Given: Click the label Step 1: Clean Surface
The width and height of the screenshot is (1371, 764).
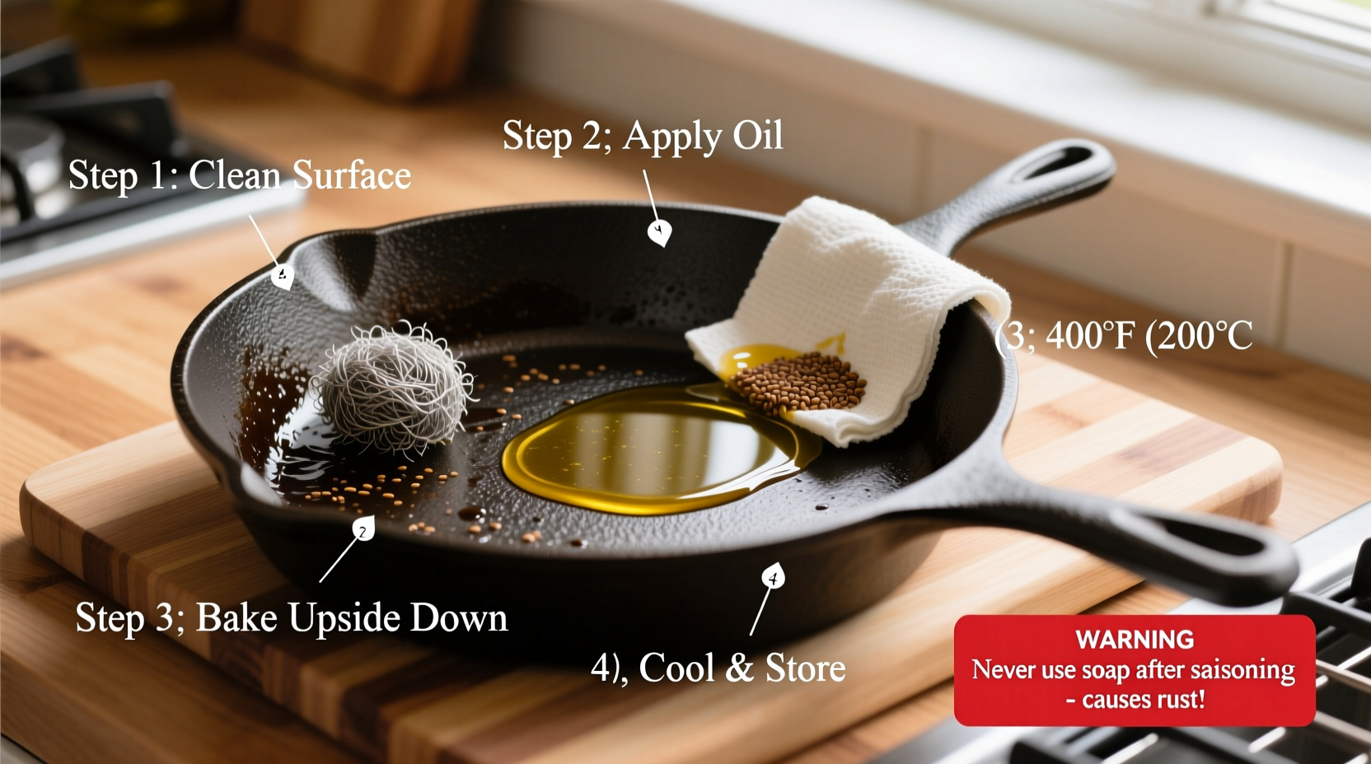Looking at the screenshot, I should point(239,175).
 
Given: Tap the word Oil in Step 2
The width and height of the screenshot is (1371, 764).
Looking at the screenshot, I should point(757,136).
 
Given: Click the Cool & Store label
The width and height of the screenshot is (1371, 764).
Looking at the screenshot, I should point(718,668).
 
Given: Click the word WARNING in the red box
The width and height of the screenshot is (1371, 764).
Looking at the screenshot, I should point(1135,640).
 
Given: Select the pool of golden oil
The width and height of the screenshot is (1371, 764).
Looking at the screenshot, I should point(651,449).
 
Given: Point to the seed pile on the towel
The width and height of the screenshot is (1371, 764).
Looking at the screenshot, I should point(798,384).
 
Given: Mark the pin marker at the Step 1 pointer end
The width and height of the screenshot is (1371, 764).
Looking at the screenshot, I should point(283,276).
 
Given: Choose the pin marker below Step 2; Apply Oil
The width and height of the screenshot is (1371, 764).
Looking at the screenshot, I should point(658,232).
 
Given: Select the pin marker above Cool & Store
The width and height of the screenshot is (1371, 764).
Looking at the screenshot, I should point(773,576).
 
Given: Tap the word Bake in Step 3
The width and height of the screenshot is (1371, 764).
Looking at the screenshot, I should point(236,618).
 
